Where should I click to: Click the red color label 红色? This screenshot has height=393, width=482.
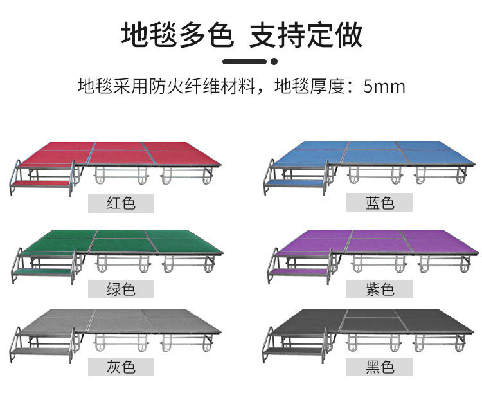pyautogui.click(x=121, y=203)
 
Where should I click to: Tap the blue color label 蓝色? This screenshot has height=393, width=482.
pyautogui.click(x=379, y=203)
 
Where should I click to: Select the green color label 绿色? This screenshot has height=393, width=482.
pyautogui.click(x=121, y=289)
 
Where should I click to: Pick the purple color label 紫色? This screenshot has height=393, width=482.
pyautogui.click(x=379, y=289)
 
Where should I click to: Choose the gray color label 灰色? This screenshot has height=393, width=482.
pyautogui.click(x=121, y=367)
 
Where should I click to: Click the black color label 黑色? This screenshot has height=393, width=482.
pyautogui.click(x=379, y=367)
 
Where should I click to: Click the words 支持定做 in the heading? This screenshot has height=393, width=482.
pyautogui.click(x=306, y=35)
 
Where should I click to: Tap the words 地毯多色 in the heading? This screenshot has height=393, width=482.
pyautogui.click(x=176, y=35)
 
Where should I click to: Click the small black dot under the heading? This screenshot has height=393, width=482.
pyautogui.click(x=274, y=62)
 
